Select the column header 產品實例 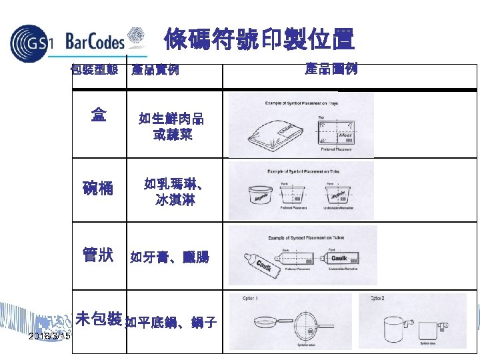point(155,69)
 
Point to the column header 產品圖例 point(331,69)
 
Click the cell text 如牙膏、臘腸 point(169,257)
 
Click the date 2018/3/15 point(49,338)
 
